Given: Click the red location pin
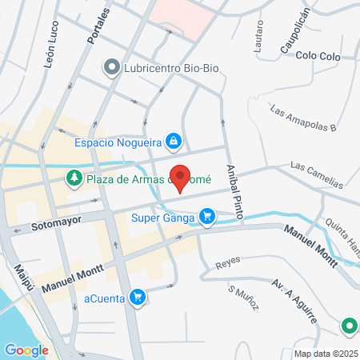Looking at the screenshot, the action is pos(181,178).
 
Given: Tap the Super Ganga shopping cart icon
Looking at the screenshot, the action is pos(208,216).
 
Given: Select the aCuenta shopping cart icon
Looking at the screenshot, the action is pos(138,297).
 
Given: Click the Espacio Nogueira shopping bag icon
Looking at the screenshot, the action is pos(173,142).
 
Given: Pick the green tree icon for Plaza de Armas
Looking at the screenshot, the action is pos(74,178).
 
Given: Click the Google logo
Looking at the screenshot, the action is pos(26,350).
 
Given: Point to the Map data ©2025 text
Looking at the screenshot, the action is pos(324,354).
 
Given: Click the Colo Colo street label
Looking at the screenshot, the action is pos(318,56).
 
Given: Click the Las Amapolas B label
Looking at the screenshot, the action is pos(303,118).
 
